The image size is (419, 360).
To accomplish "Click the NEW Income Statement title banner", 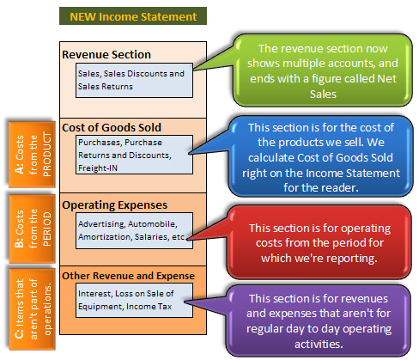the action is click(x=133, y=16).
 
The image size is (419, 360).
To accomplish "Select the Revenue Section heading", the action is click(x=106, y=54).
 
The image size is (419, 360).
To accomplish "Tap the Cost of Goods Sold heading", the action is click(x=112, y=127).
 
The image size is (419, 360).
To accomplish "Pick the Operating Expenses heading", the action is click(x=115, y=205).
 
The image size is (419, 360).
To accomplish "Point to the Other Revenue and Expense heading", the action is click(x=128, y=276).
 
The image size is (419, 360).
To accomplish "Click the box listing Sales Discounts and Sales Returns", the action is click(x=134, y=80).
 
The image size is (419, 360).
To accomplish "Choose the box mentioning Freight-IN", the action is click(x=134, y=155).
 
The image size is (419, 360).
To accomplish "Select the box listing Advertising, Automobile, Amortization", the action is click(x=134, y=230).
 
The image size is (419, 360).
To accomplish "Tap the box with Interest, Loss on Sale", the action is click(x=134, y=300).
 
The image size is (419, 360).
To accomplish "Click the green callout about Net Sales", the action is click(x=323, y=70).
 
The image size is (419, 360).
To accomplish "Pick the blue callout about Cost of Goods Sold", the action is click(x=321, y=156).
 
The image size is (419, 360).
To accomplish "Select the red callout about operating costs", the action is click(x=319, y=242).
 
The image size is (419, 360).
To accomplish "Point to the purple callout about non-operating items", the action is click(x=319, y=320).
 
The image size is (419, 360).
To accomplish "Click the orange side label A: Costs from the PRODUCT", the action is click(x=32, y=155).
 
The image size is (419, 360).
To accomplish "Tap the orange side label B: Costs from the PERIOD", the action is click(x=32, y=229).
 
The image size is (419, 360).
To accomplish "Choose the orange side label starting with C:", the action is click(x=32, y=309).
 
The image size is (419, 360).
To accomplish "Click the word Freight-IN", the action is click(x=98, y=168).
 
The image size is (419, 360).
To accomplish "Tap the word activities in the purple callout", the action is click(x=319, y=344).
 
